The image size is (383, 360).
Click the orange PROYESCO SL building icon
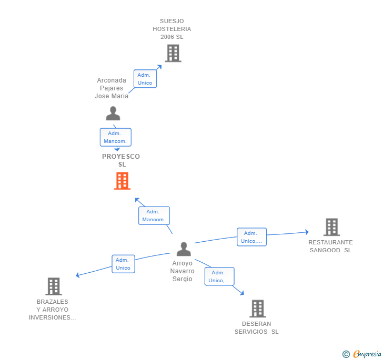[122, 181]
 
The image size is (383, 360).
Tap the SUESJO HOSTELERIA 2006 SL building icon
[173, 53]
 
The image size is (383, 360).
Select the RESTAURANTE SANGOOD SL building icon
[331, 227]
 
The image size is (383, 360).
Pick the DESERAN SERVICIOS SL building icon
[258, 308]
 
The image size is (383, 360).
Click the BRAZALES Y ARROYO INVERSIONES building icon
[54, 286]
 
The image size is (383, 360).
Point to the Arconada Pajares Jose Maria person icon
[113, 114]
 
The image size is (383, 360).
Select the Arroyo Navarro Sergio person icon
[184, 249]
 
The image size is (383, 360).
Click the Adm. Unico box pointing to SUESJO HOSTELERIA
[145, 79]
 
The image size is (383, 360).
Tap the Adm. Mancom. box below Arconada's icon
[116, 137]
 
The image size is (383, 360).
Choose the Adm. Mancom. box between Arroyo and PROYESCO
[154, 215]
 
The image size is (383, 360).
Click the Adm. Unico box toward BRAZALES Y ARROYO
[123, 264]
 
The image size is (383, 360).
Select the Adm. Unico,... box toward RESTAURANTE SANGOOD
[251, 237]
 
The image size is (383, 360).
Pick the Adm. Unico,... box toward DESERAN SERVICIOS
[219, 276]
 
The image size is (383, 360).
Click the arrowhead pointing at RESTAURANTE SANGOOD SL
[307, 232]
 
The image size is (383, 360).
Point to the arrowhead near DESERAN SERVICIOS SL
[242, 293]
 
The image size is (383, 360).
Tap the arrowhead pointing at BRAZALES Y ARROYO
[78, 275]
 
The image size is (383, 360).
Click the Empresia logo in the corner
[367, 354]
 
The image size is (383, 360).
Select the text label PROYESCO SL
[121, 160]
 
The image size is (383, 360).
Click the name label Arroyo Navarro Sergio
[182, 271]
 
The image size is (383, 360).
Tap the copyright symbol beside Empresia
[346, 354]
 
